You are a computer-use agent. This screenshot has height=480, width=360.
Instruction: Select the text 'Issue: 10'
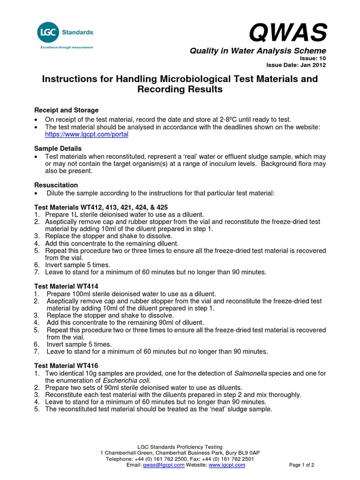point(313,58)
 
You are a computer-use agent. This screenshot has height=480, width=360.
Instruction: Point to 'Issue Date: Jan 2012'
point(296,65)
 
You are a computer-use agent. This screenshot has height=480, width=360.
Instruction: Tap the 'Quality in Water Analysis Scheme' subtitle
point(257,51)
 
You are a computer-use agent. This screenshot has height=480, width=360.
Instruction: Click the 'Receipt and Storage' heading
point(67,110)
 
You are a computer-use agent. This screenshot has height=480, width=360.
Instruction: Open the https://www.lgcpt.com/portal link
point(86,134)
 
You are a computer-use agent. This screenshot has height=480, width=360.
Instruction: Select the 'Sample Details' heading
point(58,148)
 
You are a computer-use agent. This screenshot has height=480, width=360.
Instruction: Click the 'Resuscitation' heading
point(56,185)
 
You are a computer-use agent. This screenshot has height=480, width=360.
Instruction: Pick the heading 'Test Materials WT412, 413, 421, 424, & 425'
point(101,207)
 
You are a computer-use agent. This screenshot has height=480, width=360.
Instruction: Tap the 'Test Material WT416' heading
point(67,365)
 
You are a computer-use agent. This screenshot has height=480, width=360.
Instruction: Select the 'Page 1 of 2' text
point(301,465)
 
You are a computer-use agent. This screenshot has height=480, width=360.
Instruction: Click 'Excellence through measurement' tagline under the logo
point(67,47)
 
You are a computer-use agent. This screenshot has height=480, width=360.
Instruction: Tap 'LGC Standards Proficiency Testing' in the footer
point(180,447)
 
